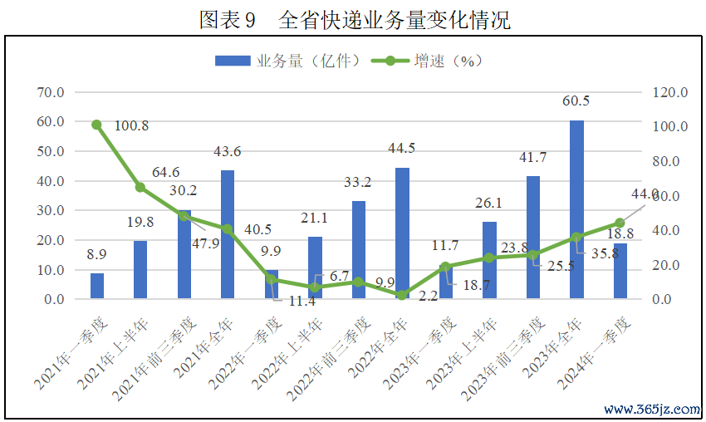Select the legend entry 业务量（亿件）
coord(287,61)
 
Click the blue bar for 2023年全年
coord(576,209)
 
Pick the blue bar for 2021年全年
coord(228,234)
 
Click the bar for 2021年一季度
coord(97,286)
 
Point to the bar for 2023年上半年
coord(489,260)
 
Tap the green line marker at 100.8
coord(97,125)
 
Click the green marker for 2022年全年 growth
coord(402,295)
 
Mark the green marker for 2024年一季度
coord(620,223)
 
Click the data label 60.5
coord(576,101)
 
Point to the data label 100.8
coord(132,126)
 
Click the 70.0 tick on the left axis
coord(51,91)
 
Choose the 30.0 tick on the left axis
coord(51,210)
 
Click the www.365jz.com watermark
coord(652,410)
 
